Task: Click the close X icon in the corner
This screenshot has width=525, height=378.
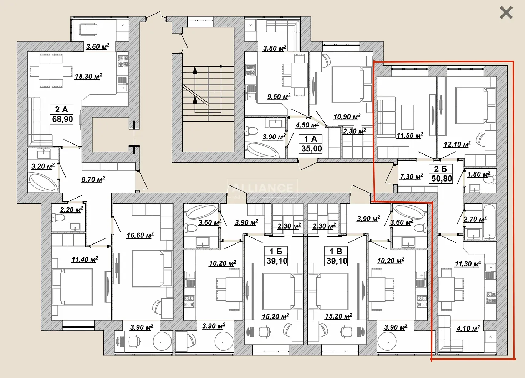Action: (506, 12)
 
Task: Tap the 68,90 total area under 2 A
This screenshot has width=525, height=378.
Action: (62, 119)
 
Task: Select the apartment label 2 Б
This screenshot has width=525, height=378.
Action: (440, 169)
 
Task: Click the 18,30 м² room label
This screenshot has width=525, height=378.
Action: (88, 76)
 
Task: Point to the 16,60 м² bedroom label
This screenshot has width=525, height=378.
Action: (140, 235)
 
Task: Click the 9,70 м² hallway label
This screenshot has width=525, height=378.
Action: (93, 179)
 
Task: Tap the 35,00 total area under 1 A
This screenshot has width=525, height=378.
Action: (311, 148)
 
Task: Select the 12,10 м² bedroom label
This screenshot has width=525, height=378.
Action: (457, 144)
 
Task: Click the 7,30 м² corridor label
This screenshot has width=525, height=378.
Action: (411, 177)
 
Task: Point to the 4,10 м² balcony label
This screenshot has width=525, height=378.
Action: (468, 328)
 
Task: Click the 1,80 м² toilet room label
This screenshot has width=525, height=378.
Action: (479, 174)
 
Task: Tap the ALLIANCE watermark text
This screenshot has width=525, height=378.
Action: (262, 188)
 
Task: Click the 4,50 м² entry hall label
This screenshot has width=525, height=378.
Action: (307, 125)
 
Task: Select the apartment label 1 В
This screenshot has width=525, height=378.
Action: (336, 251)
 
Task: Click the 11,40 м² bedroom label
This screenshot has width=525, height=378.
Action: (85, 259)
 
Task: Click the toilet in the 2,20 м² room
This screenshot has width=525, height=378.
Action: (58, 218)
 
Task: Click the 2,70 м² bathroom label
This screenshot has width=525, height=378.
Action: (475, 219)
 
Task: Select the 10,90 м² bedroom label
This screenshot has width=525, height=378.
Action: (347, 116)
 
